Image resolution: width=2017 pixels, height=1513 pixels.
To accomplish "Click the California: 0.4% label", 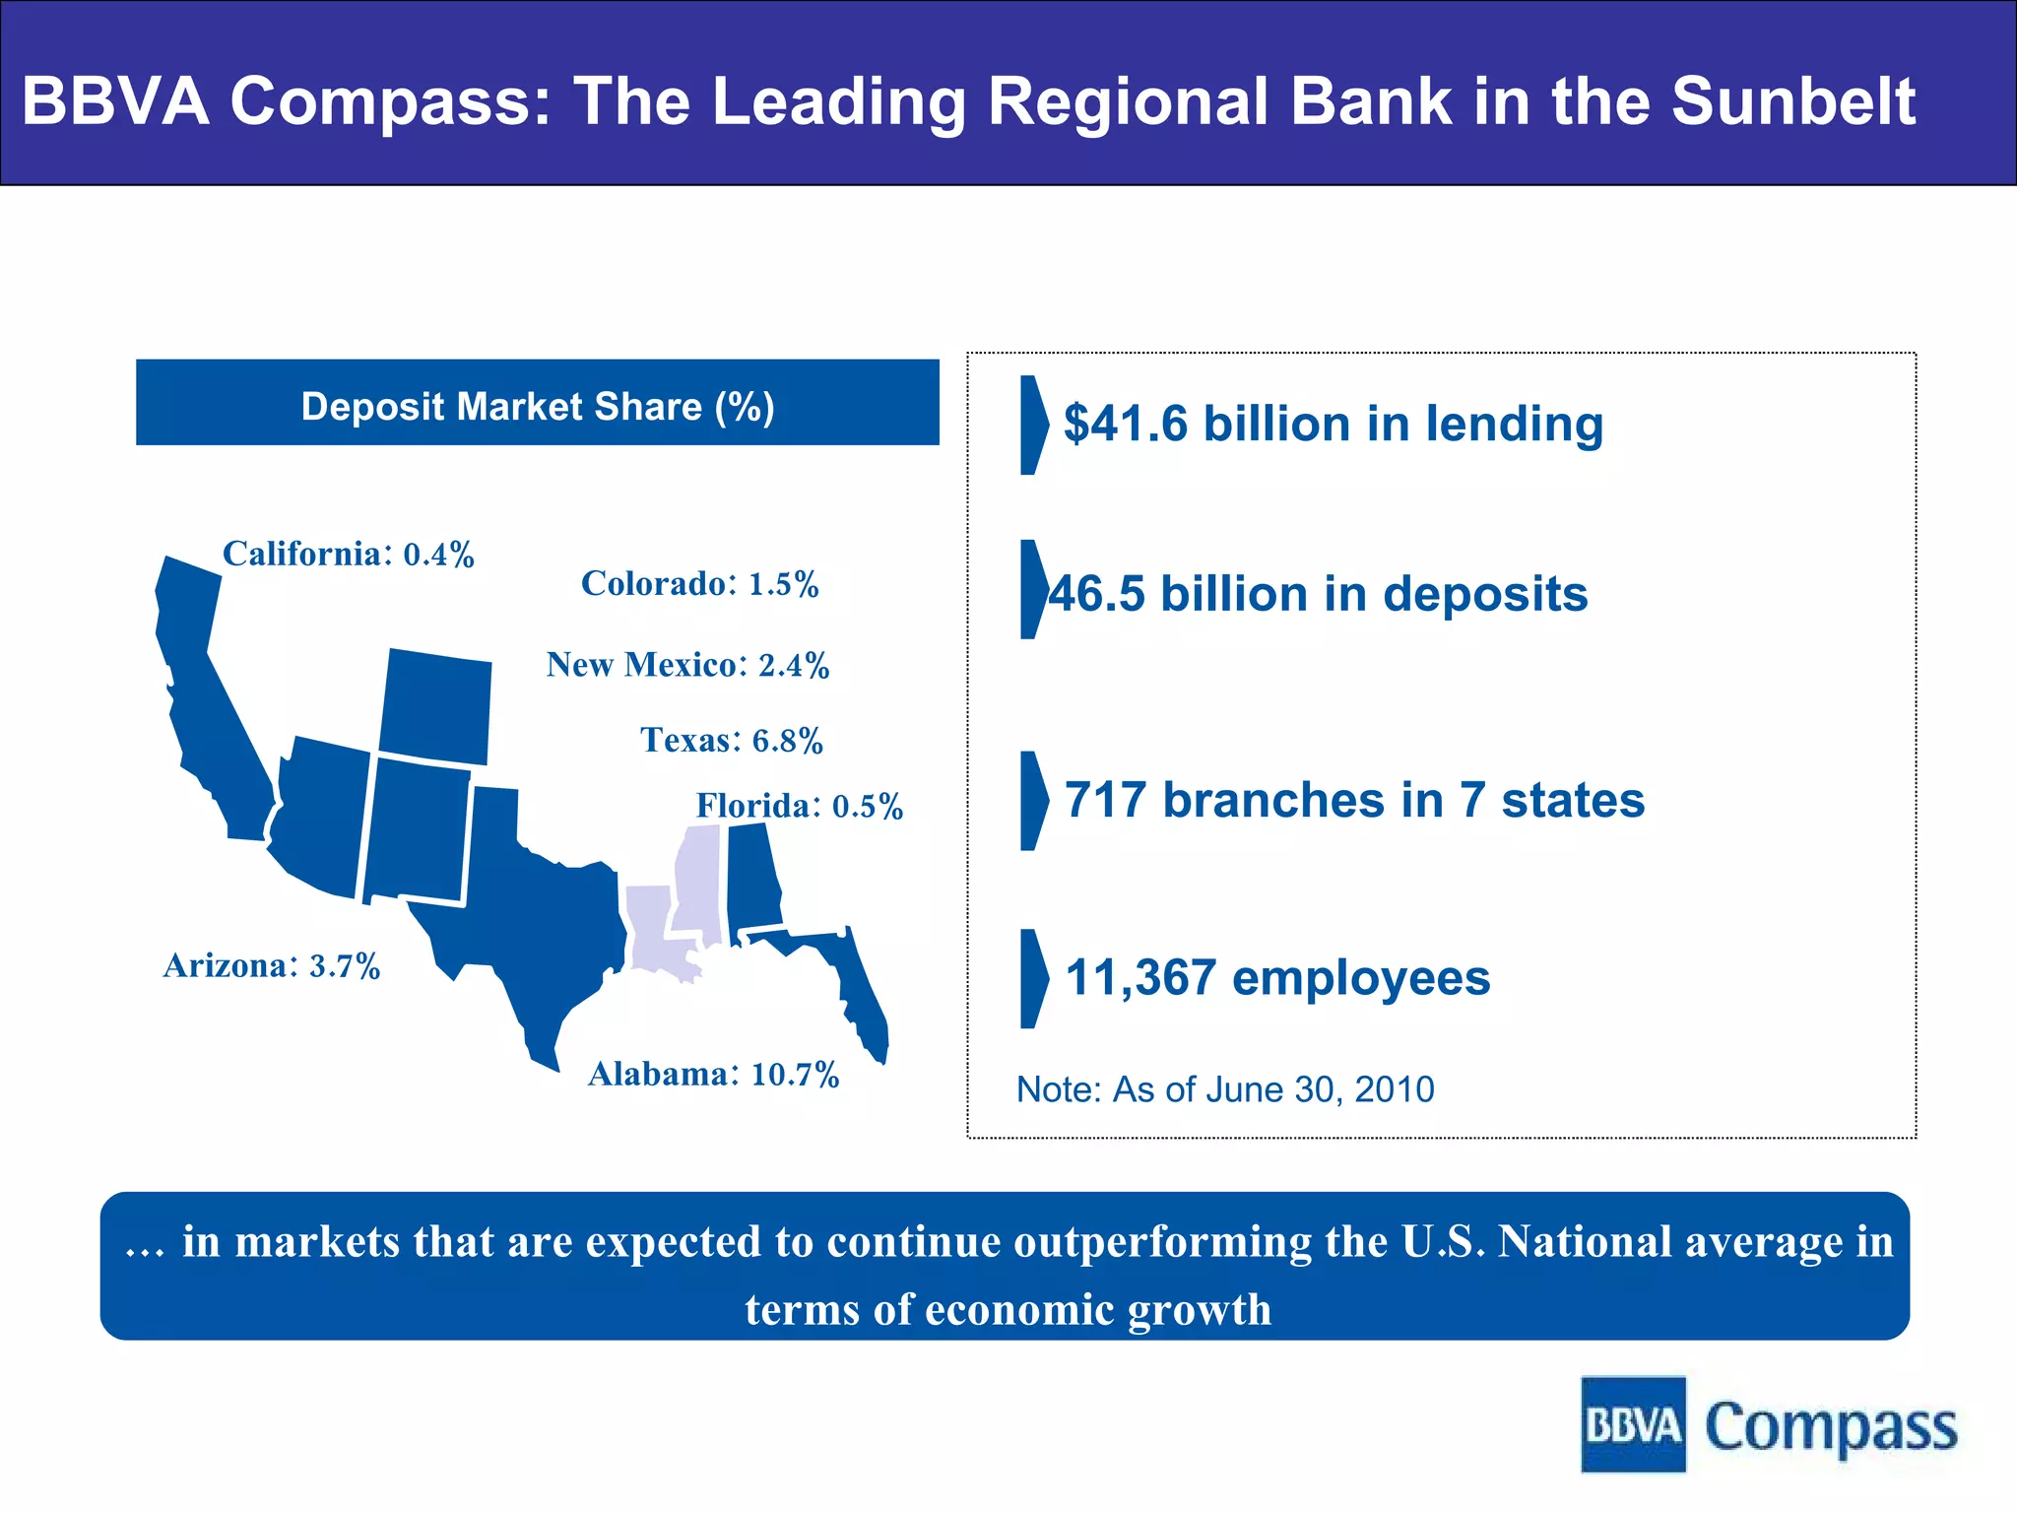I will click(x=348, y=555).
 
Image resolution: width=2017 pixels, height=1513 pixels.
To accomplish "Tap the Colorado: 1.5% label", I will click(x=699, y=584).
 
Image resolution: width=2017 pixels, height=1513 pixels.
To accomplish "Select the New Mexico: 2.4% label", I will click(x=687, y=666).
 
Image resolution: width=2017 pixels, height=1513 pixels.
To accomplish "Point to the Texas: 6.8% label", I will click(x=731, y=741).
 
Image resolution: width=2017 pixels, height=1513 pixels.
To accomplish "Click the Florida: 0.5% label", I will click(x=799, y=807).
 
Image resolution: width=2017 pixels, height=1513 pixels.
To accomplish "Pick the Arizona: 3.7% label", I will click(x=272, y=966).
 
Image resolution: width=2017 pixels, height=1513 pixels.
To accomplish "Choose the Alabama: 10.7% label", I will click(x=713, y=1075).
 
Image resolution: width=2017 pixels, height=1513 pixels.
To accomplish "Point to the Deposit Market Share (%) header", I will click(x=538, y=407).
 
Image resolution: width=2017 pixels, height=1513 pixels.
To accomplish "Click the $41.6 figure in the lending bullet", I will click(x=1126, y=425).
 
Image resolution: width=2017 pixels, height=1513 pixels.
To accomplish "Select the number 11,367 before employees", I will click(x=1140, y=978).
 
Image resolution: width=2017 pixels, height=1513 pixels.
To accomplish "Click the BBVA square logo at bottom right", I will click(x=1633, y=1424).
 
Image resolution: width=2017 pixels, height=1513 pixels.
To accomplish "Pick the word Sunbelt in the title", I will click(x=1793, y=101).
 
